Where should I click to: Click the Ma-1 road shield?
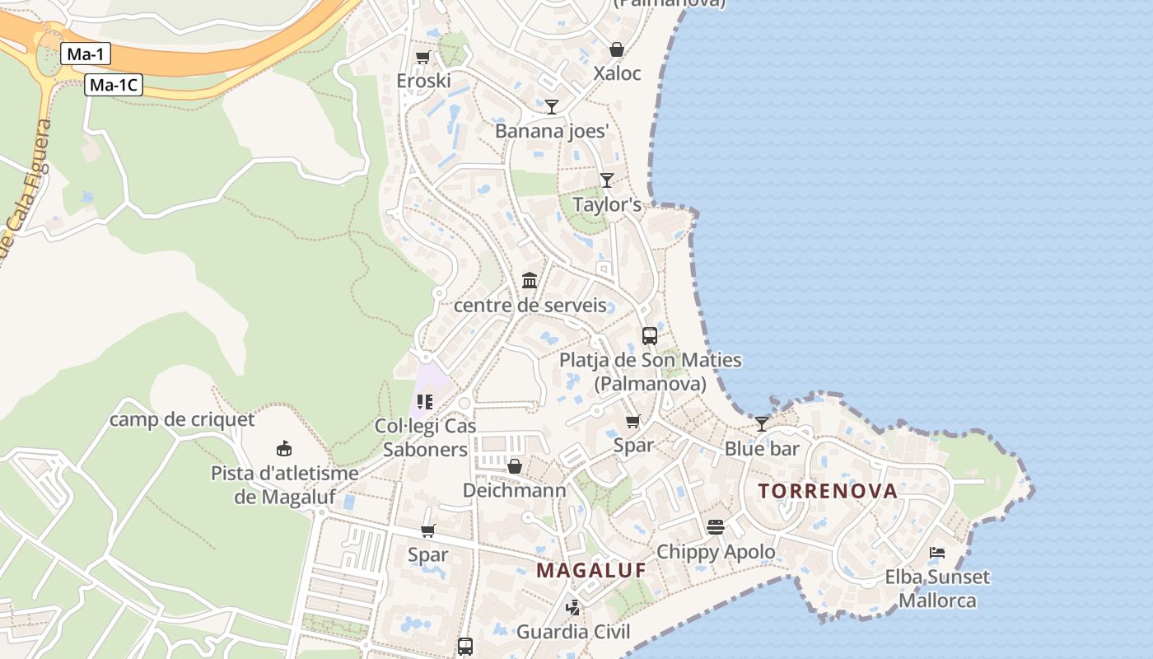pyautogui.click(x=86, y=55)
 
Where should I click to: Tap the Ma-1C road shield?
pyautogui.click(x=114, y=85)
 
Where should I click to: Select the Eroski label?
pyautogui.click(x=423, y=81)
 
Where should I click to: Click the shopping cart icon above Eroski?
pyautogui.click(x=422, y=57)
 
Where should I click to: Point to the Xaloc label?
pyautogui.click(x=617, y=73)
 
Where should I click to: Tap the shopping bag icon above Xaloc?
pyautogui.click(x=616, y=49)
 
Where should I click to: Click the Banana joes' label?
pyautogui.click(x=552, y=131)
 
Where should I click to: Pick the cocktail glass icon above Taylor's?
pyautogui.click(x=607, y=180)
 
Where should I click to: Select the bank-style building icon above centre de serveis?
pyautogui.click(x=530, y=281)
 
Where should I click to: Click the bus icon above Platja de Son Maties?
pyautogui.click(x=650, y=336)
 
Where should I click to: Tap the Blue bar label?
pyautogui.click(x=762, y=449)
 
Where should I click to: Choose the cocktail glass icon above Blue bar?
pyautogui.click(x=762, y=424)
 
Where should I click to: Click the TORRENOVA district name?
pyautogui.click(x=828, y=491)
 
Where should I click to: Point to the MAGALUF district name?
pyautogui.click(x=591, y=570)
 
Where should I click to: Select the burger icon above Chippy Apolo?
pyautogui.click(x=715, y=527)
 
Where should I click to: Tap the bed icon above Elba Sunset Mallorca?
pyautogui.click(x=937, y=552)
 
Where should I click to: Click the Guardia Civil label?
pyautogui.click(x=573, y=632)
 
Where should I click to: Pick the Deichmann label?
pyautogui.click(x=515, y=491)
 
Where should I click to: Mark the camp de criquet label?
pyautogui.click(x=182, y=419)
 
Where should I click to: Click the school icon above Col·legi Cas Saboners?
pyautogui.click(x=425, y=402)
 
